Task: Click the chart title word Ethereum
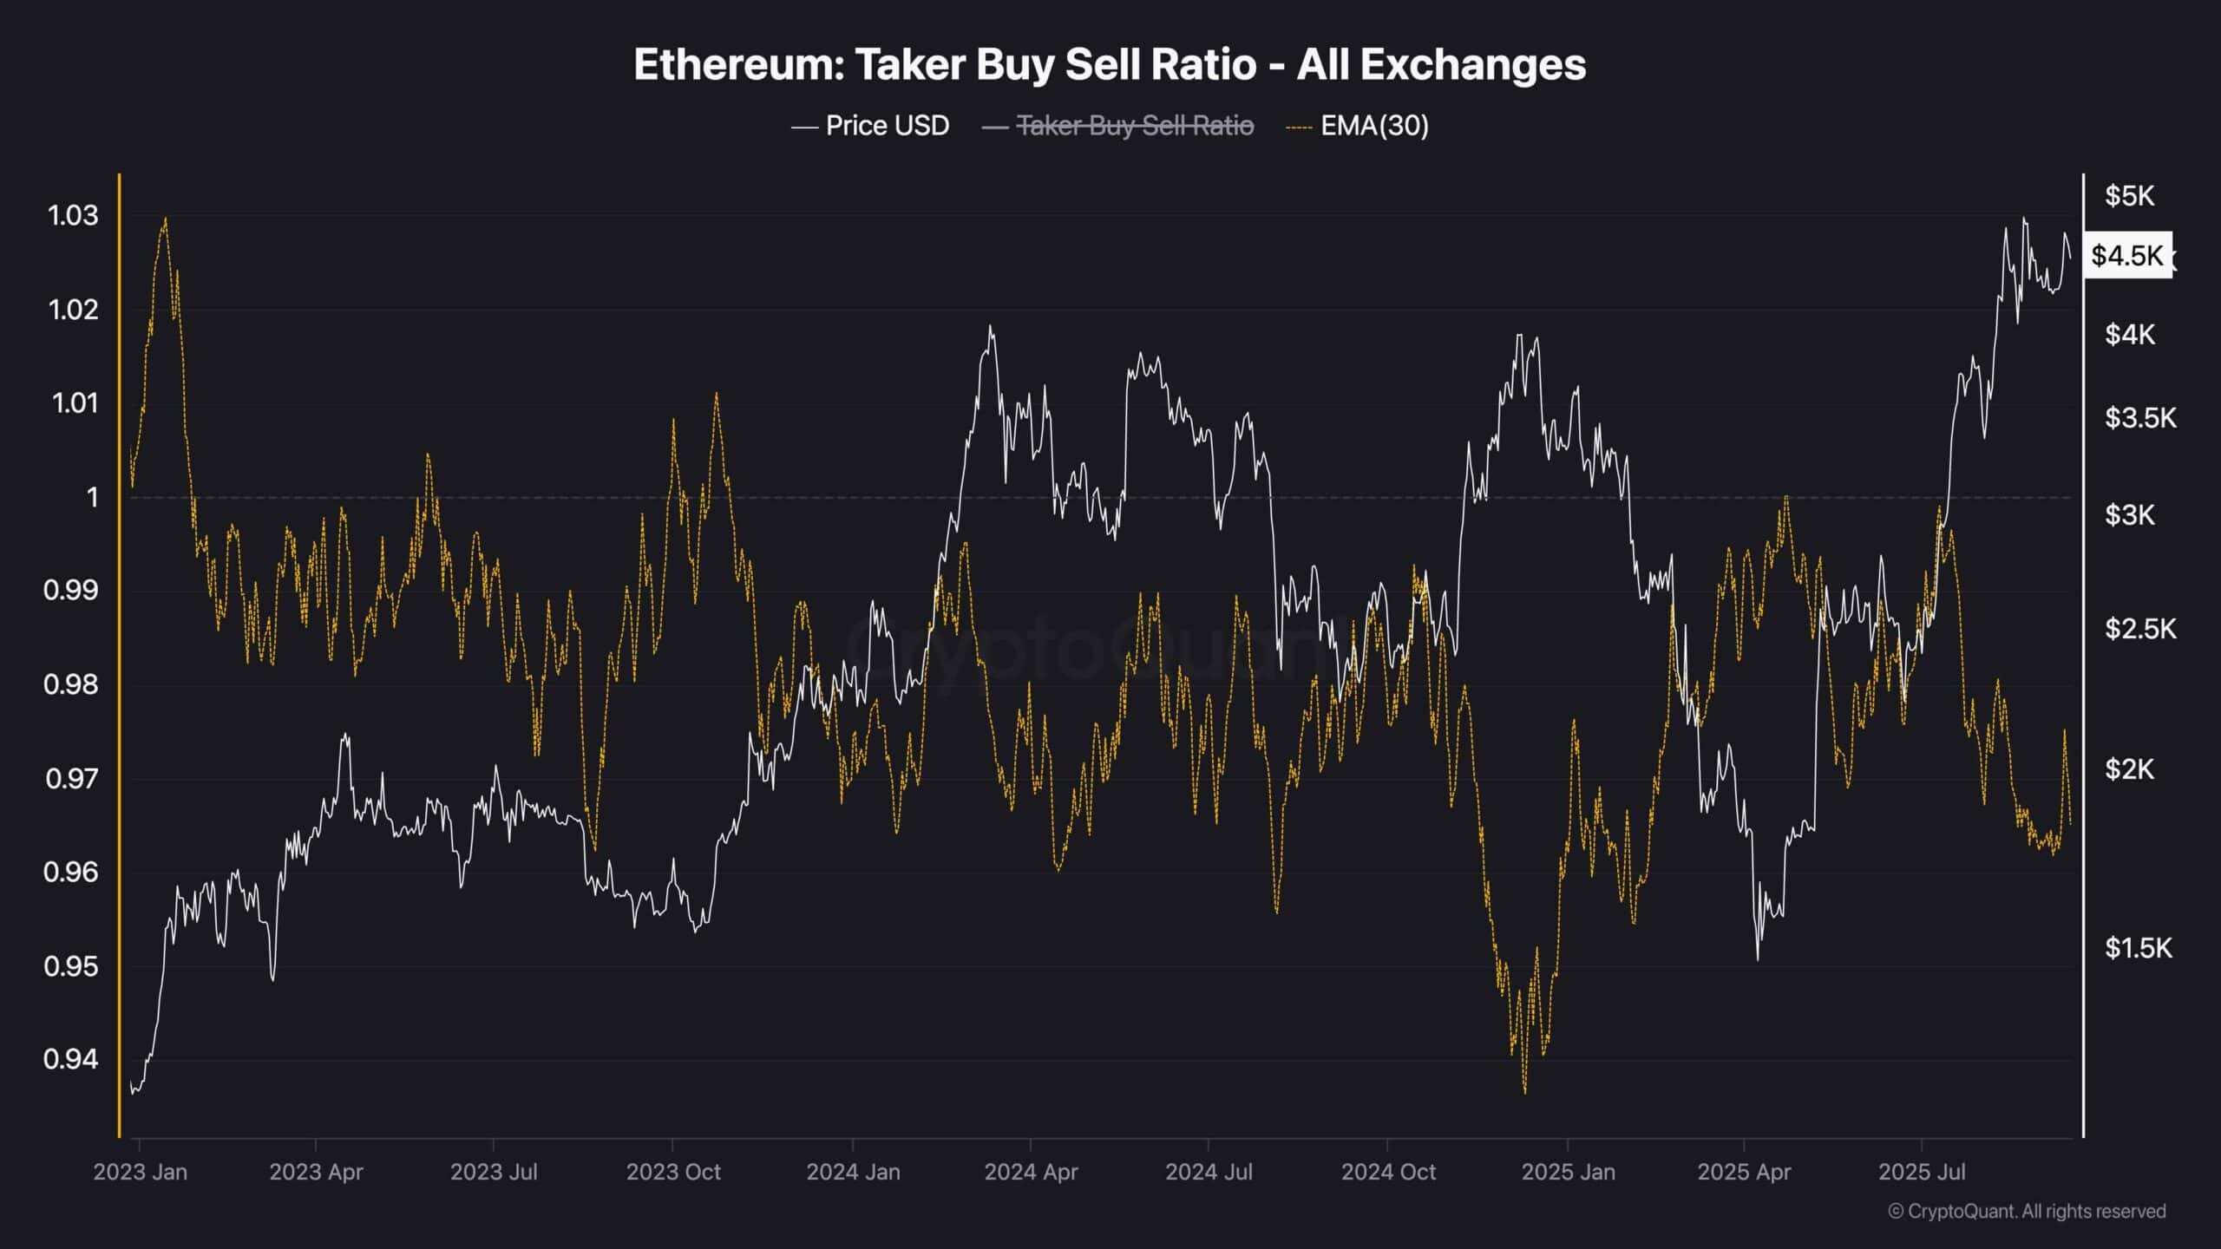(737, 65)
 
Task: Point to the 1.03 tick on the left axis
(73, 216)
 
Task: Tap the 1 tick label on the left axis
(92, 498)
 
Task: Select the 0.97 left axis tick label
(71, 779)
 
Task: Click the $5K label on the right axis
(2129, 196)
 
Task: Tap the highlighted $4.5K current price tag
(2127, 255)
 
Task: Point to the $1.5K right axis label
(2138, 948)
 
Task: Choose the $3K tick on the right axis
(2129, 515)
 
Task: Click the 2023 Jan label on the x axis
(140, 1172)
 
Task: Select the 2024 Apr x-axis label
(1031, 1172)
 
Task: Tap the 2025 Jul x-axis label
(1922, 1172)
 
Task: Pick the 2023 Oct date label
(673, 1172)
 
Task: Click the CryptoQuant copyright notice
(2027, 1211)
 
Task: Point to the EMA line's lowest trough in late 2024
(1524, 1092)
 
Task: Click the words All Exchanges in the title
(1441, 65)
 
